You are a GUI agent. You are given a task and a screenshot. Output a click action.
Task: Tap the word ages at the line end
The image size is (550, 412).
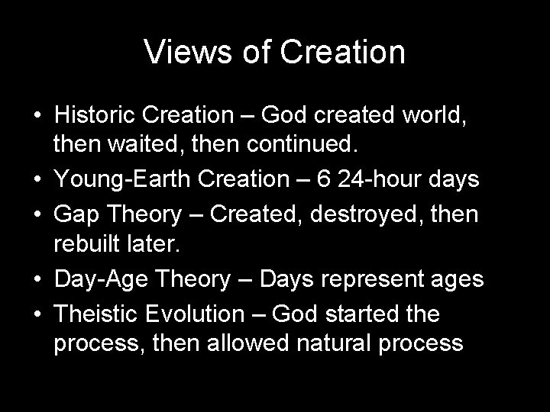click(458, 279)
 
